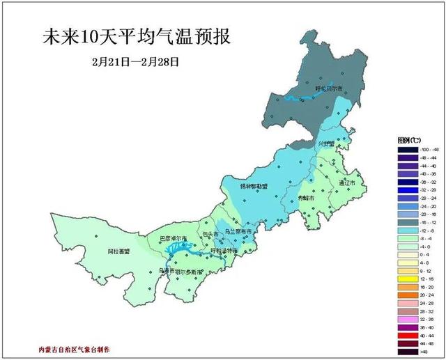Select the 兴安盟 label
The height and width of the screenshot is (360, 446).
[327, 144]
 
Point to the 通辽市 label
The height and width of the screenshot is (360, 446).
[346, 182]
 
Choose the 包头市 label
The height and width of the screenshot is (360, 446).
[210, 234]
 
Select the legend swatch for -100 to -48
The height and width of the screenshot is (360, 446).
[407, 150]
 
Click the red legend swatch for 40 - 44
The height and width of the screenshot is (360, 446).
[407, 335]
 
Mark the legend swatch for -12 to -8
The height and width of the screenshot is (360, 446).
[407, 230]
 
